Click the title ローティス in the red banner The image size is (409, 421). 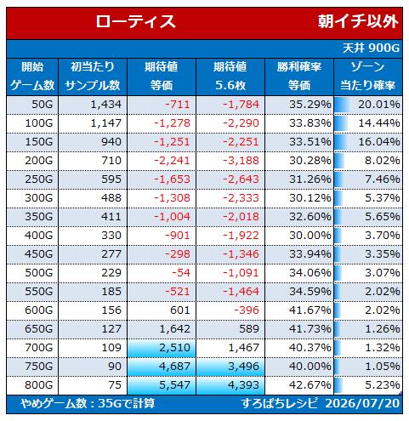pos(135,21)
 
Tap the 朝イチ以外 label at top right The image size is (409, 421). pos(358,21)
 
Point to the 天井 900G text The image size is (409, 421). pos(371,48)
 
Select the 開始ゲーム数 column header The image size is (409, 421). pos(32,77)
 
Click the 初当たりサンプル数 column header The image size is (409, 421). pos(93,77)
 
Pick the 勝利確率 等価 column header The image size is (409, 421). pos(299,77)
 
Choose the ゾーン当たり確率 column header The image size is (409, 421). pos(368,77)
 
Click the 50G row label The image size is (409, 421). pos(43,105)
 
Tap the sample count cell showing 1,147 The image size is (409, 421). pos(106,123)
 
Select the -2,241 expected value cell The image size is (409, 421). pos(172,161)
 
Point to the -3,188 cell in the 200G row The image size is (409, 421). pos(241,161)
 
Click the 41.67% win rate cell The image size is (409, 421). pos(310,310)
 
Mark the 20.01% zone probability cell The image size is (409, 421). pos(379,105)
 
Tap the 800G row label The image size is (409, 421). pos(39,385)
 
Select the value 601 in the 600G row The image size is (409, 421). pos(180,310)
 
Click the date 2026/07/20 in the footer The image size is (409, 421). pos(362,403)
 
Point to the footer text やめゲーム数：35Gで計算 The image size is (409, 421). pos(88,403)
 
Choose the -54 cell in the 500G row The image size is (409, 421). pos(181,273)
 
